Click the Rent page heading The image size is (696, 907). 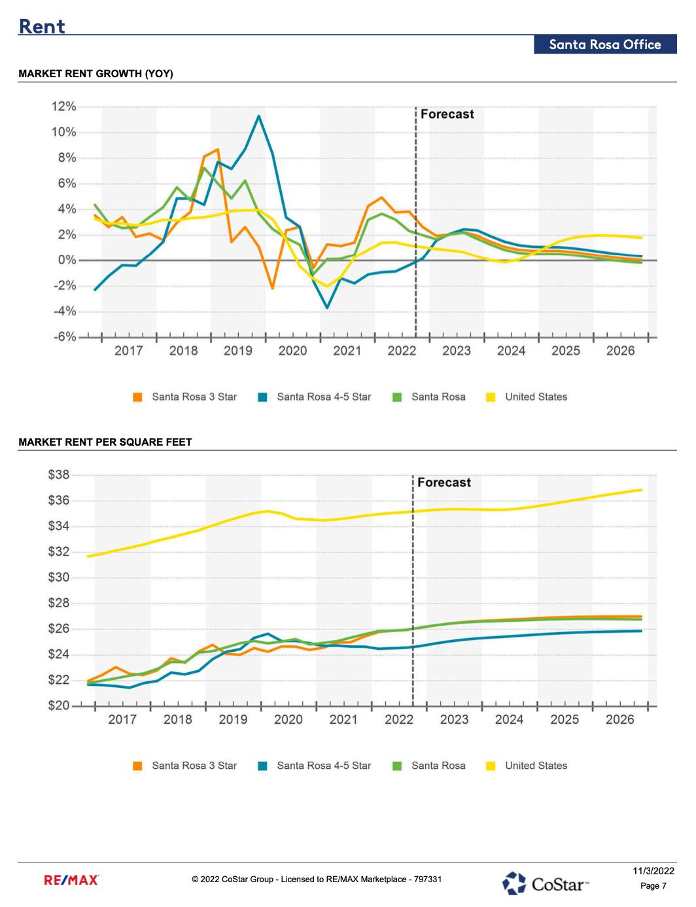point(42,26)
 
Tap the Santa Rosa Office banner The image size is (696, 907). point(605,44)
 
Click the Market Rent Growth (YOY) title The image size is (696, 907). point(96,74)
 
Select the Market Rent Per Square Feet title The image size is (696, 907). point(105,442)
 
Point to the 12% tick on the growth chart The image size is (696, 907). point(64,107)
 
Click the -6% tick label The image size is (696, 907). point(64,337)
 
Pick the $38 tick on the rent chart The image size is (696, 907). point(58,475)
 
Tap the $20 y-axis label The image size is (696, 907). point(58,706)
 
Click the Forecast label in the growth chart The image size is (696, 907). point(447,114)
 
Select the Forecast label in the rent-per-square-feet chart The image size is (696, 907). point(444,482)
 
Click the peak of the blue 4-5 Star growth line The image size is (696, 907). point(258,116)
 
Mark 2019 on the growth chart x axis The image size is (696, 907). point(237,351)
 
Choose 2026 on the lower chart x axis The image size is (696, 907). point(619,720)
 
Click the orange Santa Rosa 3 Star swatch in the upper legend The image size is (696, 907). point(137,397)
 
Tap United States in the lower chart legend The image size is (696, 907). point(536,766)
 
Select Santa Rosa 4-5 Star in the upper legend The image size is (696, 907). point(323,397)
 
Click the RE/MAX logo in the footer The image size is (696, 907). point(71,880)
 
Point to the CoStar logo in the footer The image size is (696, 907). point(546,883)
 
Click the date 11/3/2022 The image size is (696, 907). point(653,871)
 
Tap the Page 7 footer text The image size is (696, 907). point(653,886)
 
